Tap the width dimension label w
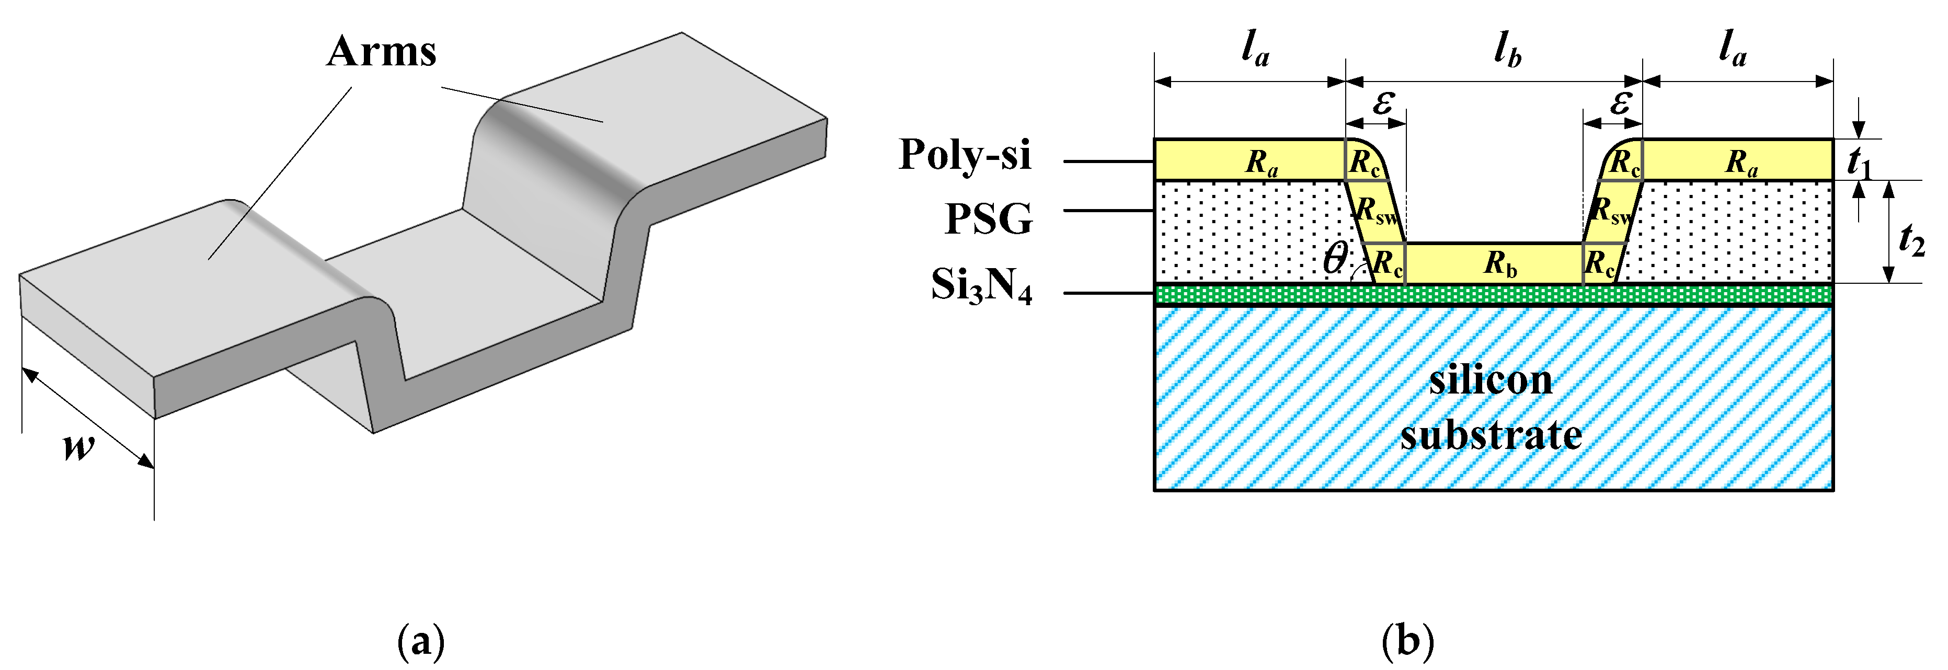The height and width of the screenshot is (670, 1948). (78, 446)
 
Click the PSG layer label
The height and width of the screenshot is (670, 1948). (988, 220)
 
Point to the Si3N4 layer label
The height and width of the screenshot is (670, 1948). (981, 286)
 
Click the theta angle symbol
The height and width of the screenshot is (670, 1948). (1335, 259)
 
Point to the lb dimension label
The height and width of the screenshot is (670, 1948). (1507, 51)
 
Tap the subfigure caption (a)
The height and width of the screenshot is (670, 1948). (420, 641)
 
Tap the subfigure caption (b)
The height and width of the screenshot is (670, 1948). (1407, 641)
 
